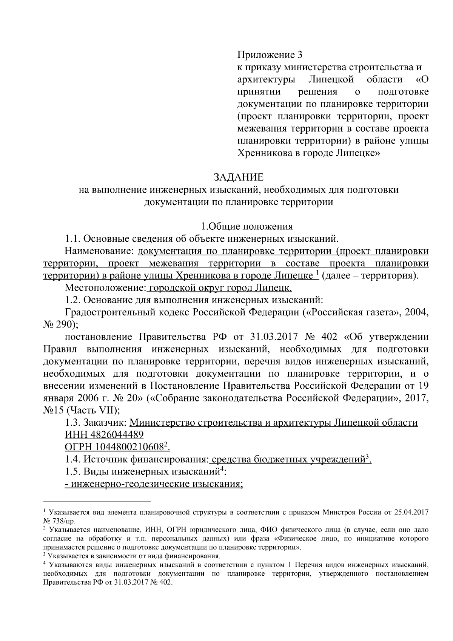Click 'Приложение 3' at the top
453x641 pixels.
click(x=270, y=55)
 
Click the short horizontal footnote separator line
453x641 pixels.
click(x=97, y=501)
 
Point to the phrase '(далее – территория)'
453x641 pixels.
click(x=370, y=276)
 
